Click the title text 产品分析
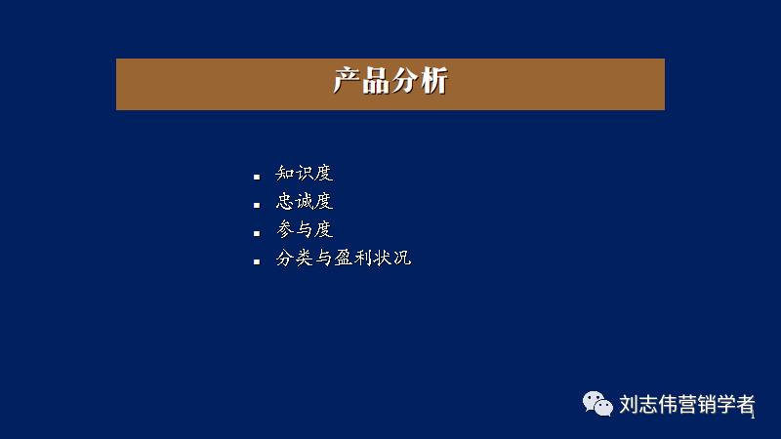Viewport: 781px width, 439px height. (x=390, y=82)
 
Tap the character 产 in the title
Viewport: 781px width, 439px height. (x=348, y=82)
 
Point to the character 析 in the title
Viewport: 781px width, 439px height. (x=433, y=82)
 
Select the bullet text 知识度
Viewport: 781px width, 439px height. (x=305, y=174)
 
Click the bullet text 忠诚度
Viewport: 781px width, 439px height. (x=305, y=202)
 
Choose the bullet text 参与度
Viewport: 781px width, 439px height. (x=305, y=230)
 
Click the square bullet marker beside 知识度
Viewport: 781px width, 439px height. (x=257, y=177)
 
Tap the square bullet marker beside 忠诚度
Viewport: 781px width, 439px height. (x=257, y=205)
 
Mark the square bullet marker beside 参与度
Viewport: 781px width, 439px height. (x=257, y=233)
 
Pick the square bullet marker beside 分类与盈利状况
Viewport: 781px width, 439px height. (x=257, y=261)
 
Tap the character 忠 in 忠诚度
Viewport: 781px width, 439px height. (x=286, y=202)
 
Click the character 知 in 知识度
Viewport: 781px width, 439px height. (x=286, y=174)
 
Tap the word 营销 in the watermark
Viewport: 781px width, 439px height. (x=699, y=404)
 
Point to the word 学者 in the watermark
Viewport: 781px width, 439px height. (x=738, y=404)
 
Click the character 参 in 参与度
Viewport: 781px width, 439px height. (x=286, y=230)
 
